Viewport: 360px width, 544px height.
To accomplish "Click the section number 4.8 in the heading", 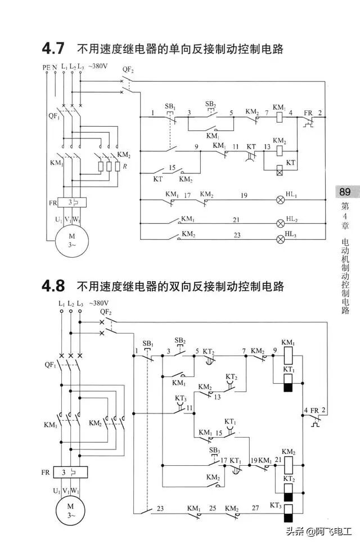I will point(54,287).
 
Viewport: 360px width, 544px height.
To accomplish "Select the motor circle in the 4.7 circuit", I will point(71,240).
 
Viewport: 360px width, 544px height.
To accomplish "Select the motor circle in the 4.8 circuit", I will point(71,514).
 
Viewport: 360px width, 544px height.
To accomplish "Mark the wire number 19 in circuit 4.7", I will point(244,195).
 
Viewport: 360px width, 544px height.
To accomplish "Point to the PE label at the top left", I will point(46,67).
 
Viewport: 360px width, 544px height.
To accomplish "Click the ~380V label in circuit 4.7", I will point(98,66).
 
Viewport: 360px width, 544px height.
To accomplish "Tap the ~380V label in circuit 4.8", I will point(98,303).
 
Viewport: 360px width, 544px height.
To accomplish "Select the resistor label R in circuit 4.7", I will point(125,167).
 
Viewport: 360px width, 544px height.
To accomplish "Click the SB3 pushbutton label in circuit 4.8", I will point(214,450).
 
